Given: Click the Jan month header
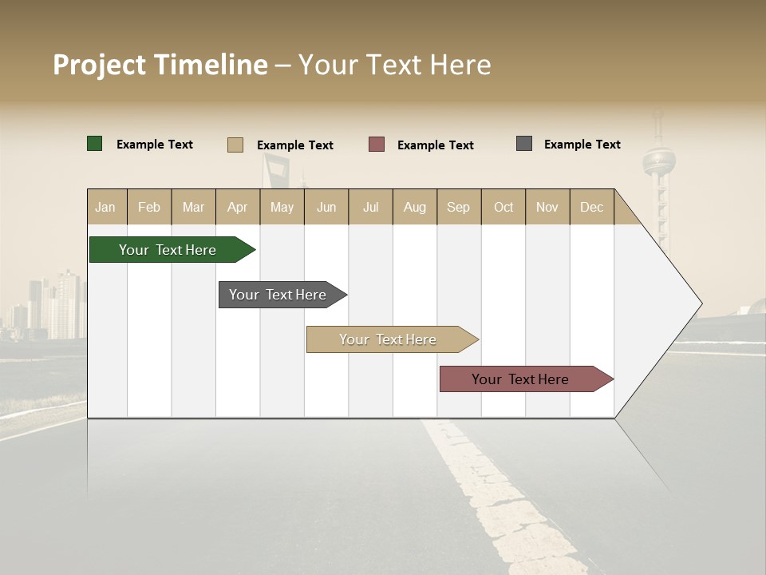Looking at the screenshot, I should pos(106,207).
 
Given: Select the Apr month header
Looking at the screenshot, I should pos(238,207).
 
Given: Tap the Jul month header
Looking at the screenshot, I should pos(370,207).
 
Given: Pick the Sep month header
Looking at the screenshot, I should pos(458,207).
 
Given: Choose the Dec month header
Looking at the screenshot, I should pos(591,207).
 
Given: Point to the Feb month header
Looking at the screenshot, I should pos(149,207).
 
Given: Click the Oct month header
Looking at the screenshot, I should pos(503,207).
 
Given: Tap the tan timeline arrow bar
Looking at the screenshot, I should pos(389,339).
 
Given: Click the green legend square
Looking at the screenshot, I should pos(95,144).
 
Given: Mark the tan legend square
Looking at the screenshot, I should pos(235,145).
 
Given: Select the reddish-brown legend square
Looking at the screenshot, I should pos(377,145).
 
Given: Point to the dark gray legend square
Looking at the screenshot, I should pos(524,144).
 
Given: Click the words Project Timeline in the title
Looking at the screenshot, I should pos(160,65).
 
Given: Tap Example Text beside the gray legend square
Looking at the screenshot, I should pos(582,145).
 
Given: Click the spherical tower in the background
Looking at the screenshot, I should pos(659,161).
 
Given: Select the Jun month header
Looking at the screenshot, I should pos(326,207).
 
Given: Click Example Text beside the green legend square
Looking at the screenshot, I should pos(155,145).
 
